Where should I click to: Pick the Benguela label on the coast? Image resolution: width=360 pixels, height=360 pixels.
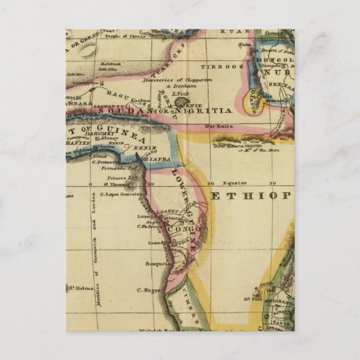pyautogui.click(x=156, y=264)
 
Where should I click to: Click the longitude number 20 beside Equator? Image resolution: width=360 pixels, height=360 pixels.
pyautogui.click(x=211, y=183)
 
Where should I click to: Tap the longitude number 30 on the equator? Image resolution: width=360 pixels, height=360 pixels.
pyautogui.click(x=272, y=183)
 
